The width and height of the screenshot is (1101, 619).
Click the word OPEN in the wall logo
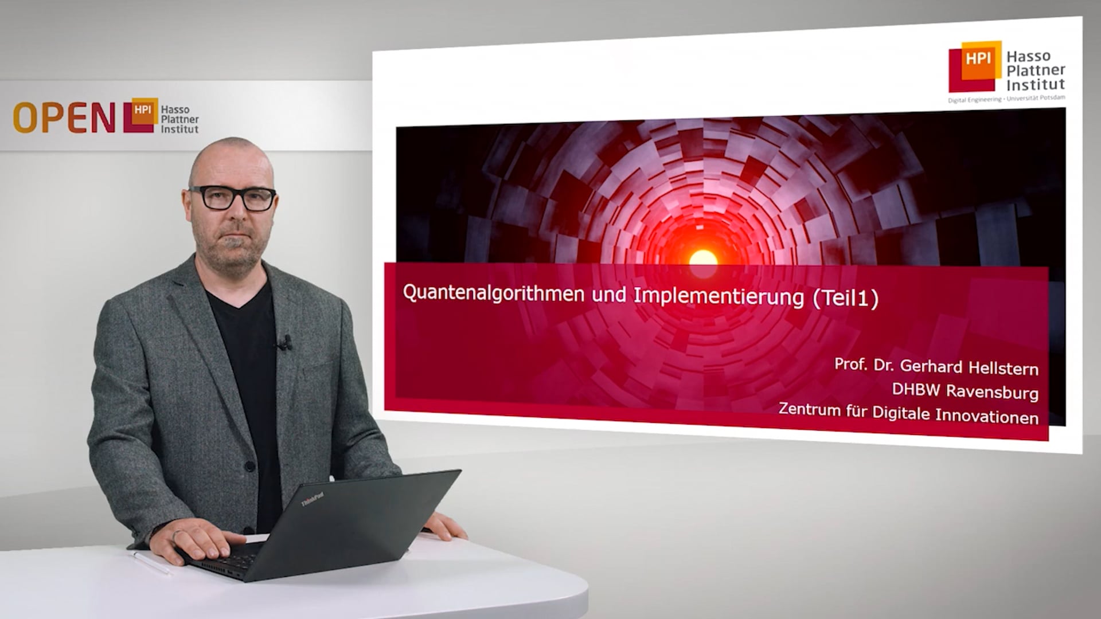pos(64,117)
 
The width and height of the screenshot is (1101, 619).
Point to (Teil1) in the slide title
pos(845,299)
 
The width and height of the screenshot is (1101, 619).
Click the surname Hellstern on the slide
pos(1003,368)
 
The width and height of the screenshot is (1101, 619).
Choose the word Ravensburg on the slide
pos(991,392)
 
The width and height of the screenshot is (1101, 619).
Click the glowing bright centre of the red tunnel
pos(703,258)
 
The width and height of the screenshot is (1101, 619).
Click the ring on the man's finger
pos(178,534)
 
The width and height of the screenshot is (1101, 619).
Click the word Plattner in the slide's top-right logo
pos(1036,70)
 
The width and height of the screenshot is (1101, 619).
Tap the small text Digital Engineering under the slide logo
pos(974,100)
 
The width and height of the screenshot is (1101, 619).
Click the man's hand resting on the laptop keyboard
pos(201,542)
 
